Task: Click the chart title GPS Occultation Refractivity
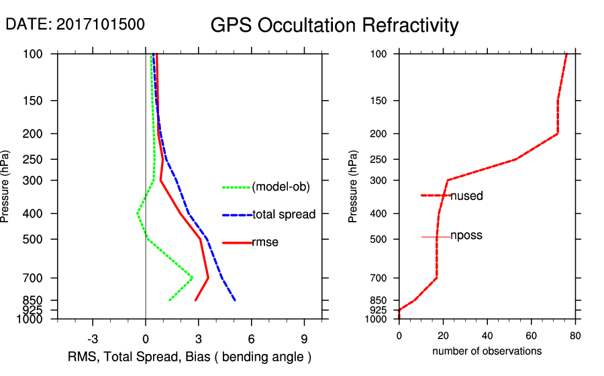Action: (334, 26)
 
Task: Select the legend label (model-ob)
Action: (281, 187)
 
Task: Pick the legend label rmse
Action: (265, 242)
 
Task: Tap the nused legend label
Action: (466, 196)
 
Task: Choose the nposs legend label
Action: (466, 236)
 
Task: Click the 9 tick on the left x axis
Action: (304, 338)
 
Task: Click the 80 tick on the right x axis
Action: (575, 336)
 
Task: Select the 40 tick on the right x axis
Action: (487, 336)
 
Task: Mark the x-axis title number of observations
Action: (487, 351)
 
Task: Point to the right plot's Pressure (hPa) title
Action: (353, 187)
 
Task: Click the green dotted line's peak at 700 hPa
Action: (193, 277)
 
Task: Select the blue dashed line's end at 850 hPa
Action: (235, 300)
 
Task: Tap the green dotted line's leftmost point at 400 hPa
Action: (137, 214)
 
